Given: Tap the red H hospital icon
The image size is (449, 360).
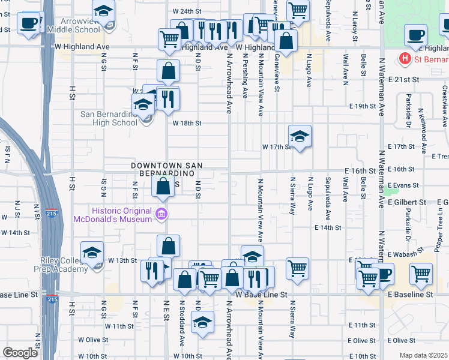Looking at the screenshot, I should click(405, 59).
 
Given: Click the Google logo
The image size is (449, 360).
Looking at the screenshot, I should click(20, 353).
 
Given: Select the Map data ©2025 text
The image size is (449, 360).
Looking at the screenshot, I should click(423, 355).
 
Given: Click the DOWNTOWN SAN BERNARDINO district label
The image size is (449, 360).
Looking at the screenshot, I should click(167, 169).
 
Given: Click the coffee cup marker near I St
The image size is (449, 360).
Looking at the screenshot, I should click(28, 23).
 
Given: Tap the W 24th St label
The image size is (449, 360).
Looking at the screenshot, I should click(185, 11).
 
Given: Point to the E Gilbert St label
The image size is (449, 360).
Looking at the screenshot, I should click(406, 203).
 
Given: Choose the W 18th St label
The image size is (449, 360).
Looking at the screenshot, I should click(186, 123).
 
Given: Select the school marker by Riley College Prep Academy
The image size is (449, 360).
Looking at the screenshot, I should click(92, 252).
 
